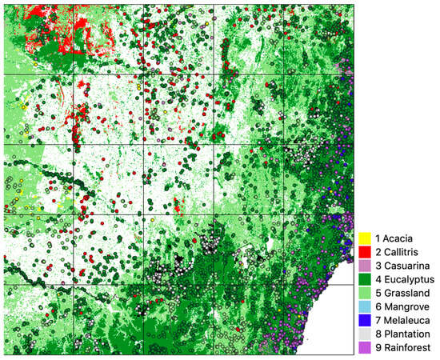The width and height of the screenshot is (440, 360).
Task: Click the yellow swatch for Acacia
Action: pos(364,238)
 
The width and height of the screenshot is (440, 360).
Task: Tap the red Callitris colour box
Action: pos(364,252)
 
